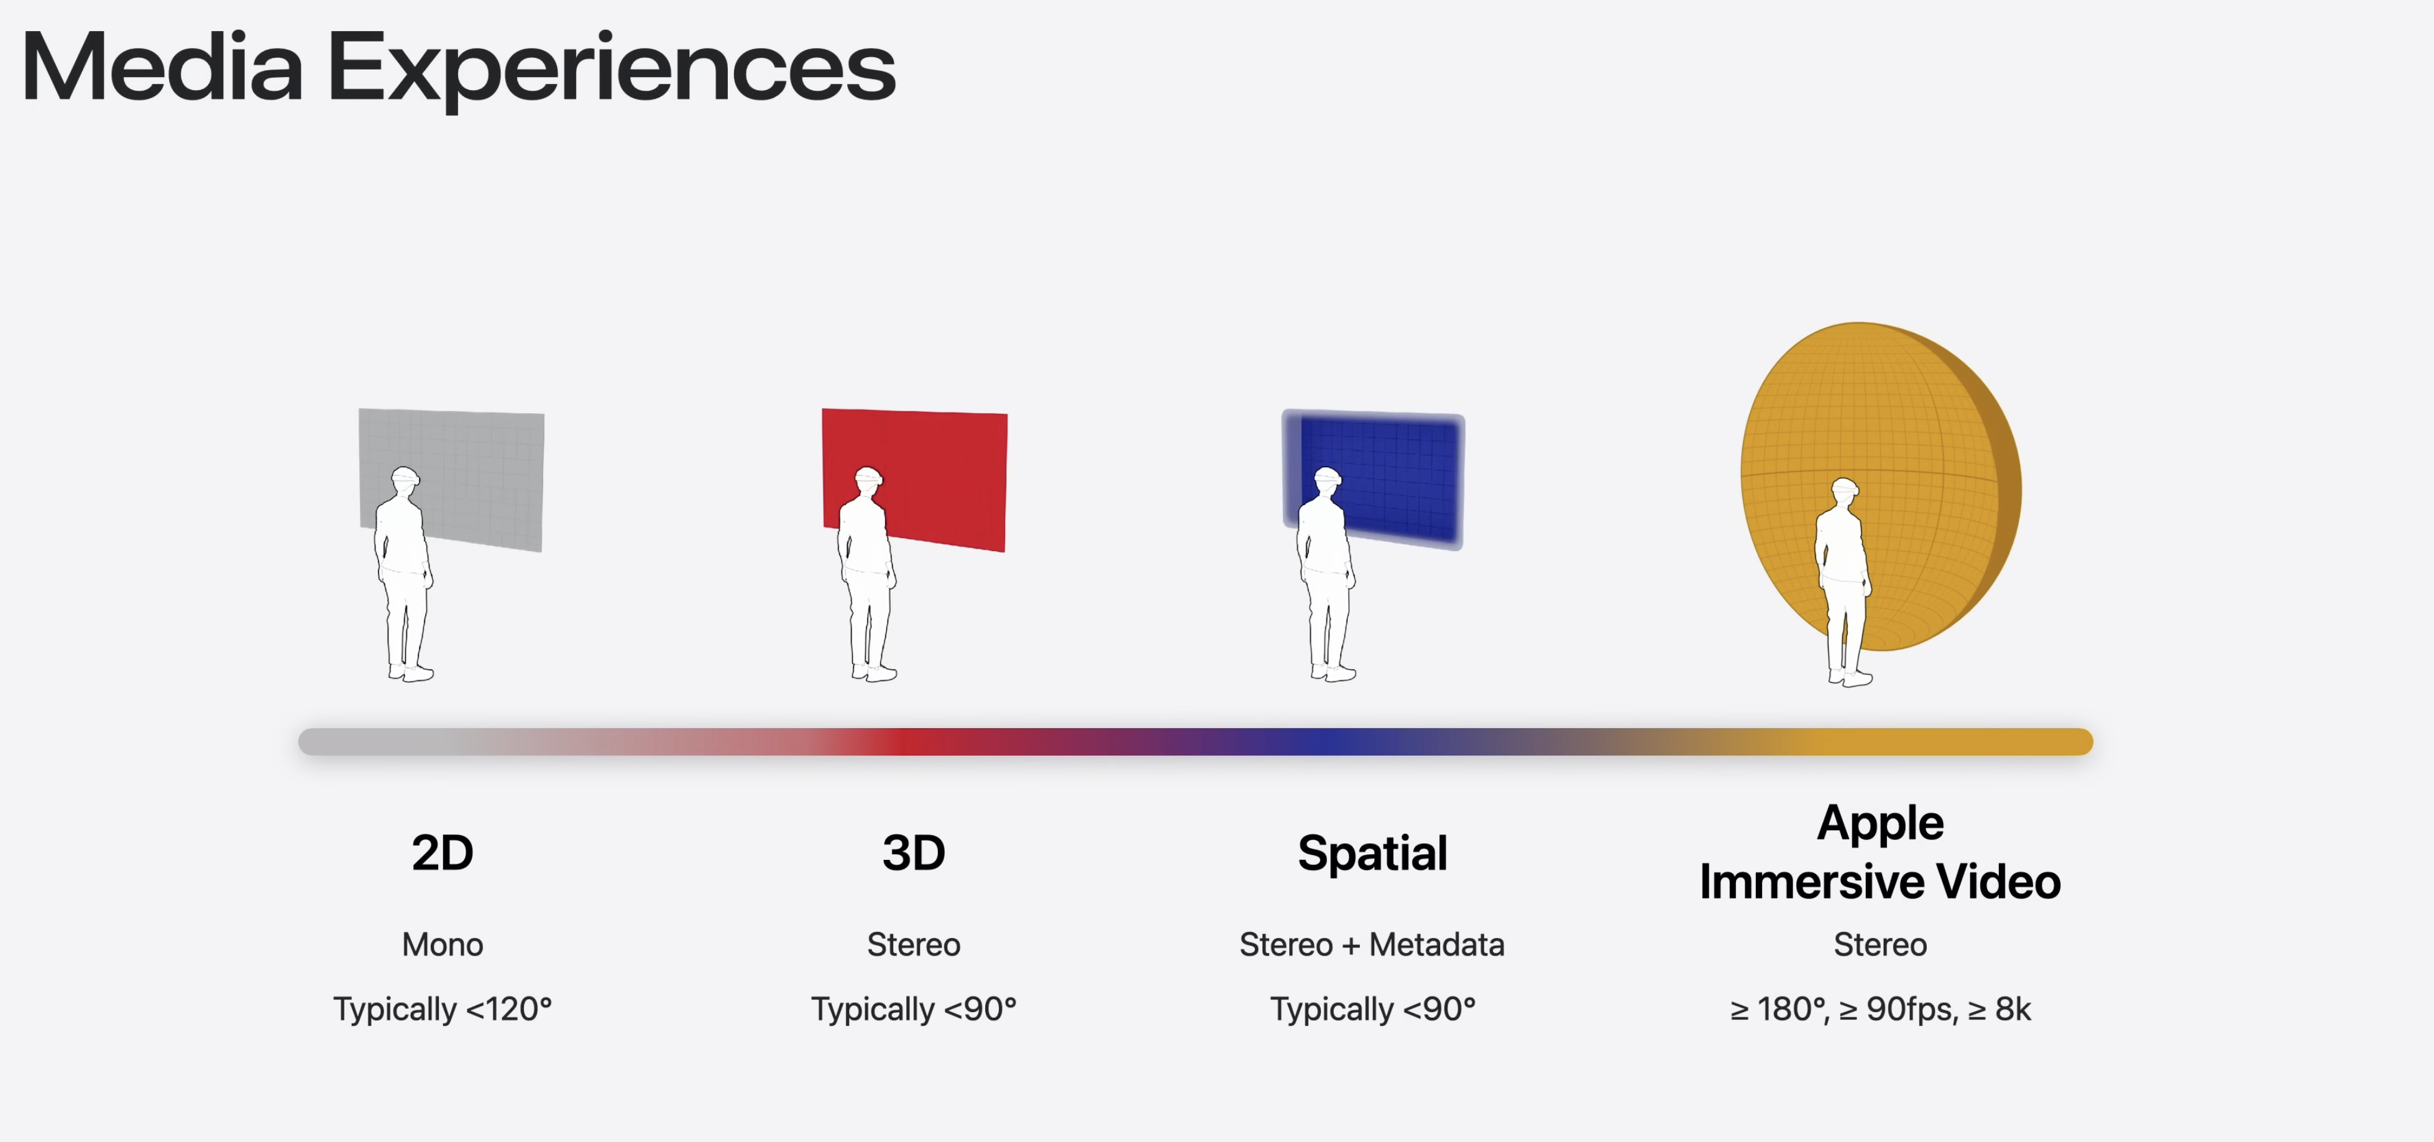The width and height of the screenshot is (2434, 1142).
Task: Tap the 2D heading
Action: coord(442,853)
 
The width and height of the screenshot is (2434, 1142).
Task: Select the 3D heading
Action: coord(914,853)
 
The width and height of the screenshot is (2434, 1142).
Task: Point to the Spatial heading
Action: coord(1372,854)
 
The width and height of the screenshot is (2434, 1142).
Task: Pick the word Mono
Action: coord(442,944)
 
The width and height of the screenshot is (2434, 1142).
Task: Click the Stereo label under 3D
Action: coord(914,944)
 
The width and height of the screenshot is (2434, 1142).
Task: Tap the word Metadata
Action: coord(1436,944)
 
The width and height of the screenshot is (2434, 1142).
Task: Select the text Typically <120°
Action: coord(442,1010)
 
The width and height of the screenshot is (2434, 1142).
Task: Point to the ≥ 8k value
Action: coord(2000,1010)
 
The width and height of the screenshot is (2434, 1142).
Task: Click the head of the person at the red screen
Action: coord(868,480)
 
